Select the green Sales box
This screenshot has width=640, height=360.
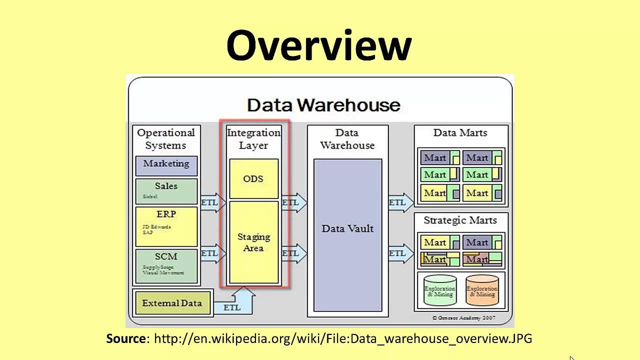point(166,190)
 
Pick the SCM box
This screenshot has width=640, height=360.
point(166,265)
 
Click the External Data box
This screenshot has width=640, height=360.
point(172,303)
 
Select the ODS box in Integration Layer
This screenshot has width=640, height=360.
point(253,179)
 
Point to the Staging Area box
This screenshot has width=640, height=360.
point(253,242)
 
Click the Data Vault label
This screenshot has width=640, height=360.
point(347,228)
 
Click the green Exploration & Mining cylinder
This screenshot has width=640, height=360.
point(440,290)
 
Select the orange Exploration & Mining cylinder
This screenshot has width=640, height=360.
point(482,290)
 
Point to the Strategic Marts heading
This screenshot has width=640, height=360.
point(460,220)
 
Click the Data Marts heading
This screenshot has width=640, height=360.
point(460,132)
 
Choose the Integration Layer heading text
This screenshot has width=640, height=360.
point(253,139)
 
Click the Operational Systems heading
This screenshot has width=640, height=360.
point(166,139)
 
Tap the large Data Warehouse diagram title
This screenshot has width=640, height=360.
point(323,105)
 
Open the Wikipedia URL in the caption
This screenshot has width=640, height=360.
point(342,338)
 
